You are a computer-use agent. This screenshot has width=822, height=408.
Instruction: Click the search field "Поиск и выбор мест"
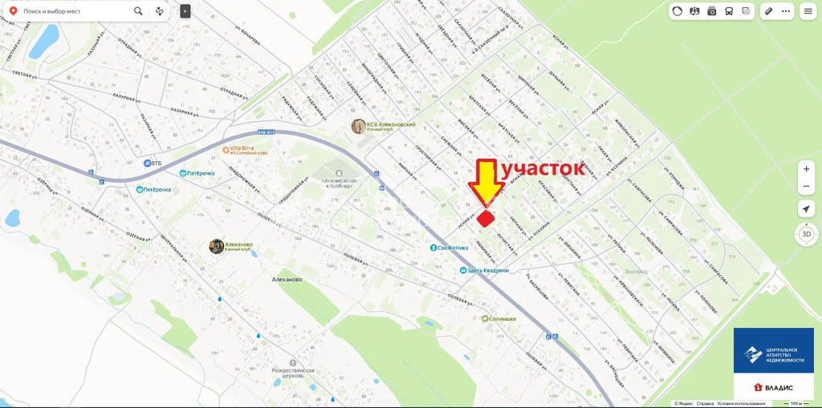[x=72, y=11]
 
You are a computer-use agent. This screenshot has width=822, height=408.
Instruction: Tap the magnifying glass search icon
[x=139, y=11]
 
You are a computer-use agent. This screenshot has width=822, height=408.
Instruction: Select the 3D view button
[x=807, y=235]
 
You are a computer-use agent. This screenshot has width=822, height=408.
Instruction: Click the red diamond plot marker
[x=486, y=218]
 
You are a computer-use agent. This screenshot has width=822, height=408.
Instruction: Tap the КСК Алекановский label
[x=391, y=126]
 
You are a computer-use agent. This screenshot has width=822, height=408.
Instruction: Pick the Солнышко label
[x=503, y=318]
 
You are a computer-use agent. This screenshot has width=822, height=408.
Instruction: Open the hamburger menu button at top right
[x=808, y=11]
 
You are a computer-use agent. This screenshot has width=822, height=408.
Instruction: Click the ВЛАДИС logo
[x=773, y=387]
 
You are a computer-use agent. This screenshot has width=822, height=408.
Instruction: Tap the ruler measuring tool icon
[x=768, y=11]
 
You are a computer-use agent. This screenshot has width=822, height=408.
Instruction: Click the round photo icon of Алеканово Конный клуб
[x=216, y=246]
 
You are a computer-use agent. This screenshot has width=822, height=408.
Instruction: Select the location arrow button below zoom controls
[x=807, y=208]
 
